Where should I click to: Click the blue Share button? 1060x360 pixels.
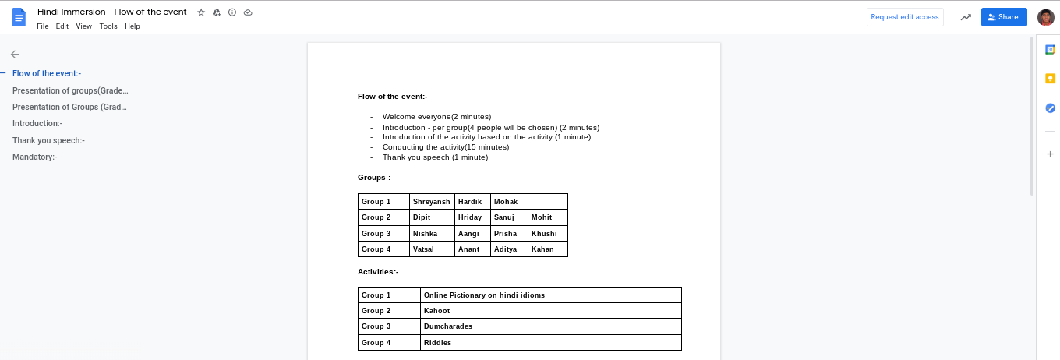(x=1003, y=17)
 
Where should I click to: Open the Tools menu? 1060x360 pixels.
(x=108, y=26)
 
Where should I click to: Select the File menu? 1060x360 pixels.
(x=43, y=26)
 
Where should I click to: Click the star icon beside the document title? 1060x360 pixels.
(x=201, y=13)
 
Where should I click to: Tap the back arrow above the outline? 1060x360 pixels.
(x=15, y=55)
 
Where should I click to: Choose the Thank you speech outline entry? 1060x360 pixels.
(x=48, y=140)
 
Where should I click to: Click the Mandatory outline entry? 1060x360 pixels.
(x=35, y=157)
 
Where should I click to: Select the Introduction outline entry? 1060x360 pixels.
(x=37, y=123)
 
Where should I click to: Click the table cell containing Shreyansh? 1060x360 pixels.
(x=431, y=202)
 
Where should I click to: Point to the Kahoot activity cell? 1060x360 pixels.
(x=550, y=311)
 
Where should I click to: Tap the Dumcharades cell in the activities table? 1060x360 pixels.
(x=550, y=326)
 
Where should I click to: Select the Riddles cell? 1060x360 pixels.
(x=550, y=343)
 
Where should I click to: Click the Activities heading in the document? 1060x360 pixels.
(x=378, y=272)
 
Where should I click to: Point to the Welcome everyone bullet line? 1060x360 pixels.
(x=436, y=117)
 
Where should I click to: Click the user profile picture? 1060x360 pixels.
(x=1045, y=17)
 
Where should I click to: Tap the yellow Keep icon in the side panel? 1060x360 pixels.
(x=1050, y=79)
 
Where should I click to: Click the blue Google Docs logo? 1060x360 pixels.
(x=19, y=17)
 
